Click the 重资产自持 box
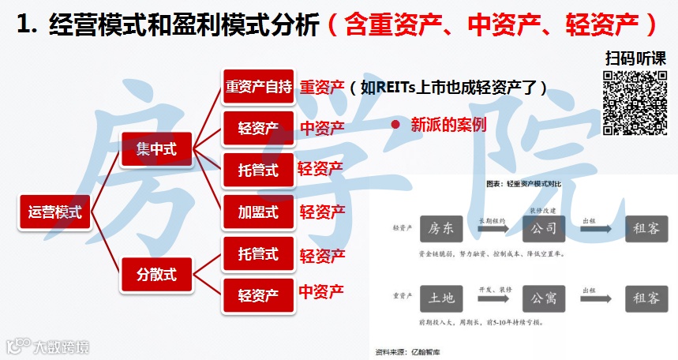[258, 87]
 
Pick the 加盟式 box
[258, 212]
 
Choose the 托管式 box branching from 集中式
[258, 170]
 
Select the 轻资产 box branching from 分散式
[258, 295]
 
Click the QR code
[635, 103]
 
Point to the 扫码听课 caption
[635, 58]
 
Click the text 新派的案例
[448, 125]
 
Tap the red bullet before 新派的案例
[395, 125]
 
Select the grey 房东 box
[440, 229]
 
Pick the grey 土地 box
[440, 298]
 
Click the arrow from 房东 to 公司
[492, 229]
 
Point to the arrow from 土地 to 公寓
[492, 298]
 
